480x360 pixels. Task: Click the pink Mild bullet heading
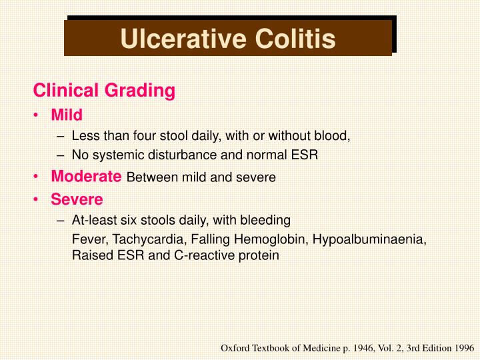click(67, 115)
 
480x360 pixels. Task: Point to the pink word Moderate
click(86, 177)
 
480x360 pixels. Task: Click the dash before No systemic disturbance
click(61, 156)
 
